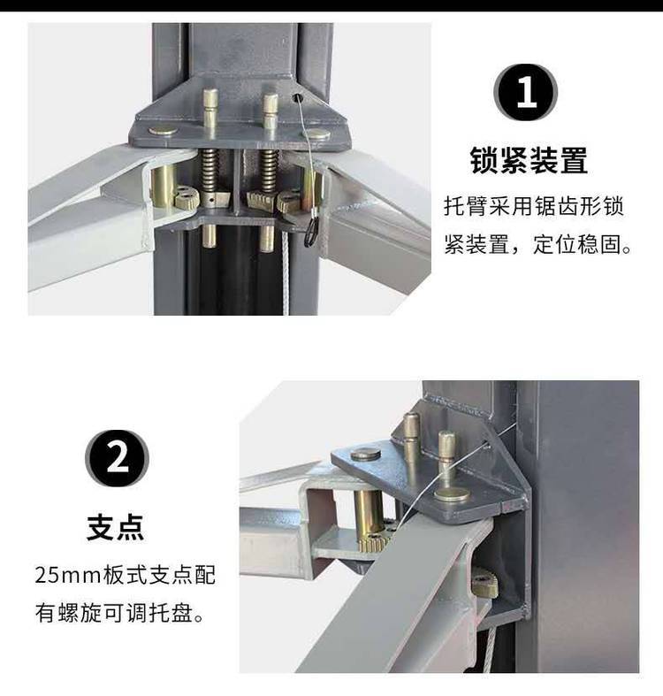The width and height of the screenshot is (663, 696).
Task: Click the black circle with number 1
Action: (x=525, y=93)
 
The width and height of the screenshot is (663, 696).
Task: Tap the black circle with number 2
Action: (x=117, y=458)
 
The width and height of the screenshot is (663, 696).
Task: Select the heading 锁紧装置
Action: (x=529, y=160)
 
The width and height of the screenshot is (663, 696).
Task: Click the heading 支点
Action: (x=116, y=527)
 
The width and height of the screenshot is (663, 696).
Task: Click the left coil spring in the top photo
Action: (x=210, y=170)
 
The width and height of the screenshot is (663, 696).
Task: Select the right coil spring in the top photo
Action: (x=269, y=170)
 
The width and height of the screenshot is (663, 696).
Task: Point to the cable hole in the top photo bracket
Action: (x=296, y=97)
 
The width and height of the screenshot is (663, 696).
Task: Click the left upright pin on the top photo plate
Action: (x=210, y=108)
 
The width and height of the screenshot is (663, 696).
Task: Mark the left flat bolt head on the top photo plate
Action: (x=162, y=131)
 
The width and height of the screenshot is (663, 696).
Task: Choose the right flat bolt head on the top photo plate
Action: (x=318, y=134)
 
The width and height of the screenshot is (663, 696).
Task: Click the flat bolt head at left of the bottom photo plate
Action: (x=366, y=454)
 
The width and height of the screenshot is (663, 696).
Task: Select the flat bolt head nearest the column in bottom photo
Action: (x=452, y=493)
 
